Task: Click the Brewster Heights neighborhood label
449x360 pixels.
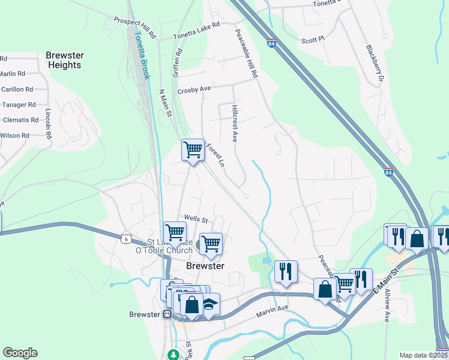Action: coord(64,60)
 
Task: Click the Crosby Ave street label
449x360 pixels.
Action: coord(194,90)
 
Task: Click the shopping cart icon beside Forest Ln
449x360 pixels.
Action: coord(193,149)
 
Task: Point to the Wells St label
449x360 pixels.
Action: coord(196,219)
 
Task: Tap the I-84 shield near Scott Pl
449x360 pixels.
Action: coord(273,43)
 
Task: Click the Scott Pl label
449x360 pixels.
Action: coord(313,40)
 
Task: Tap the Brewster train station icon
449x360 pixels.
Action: coord(168,314)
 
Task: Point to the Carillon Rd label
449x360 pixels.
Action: coord(17,89)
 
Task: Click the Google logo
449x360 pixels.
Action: coord(20,353)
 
